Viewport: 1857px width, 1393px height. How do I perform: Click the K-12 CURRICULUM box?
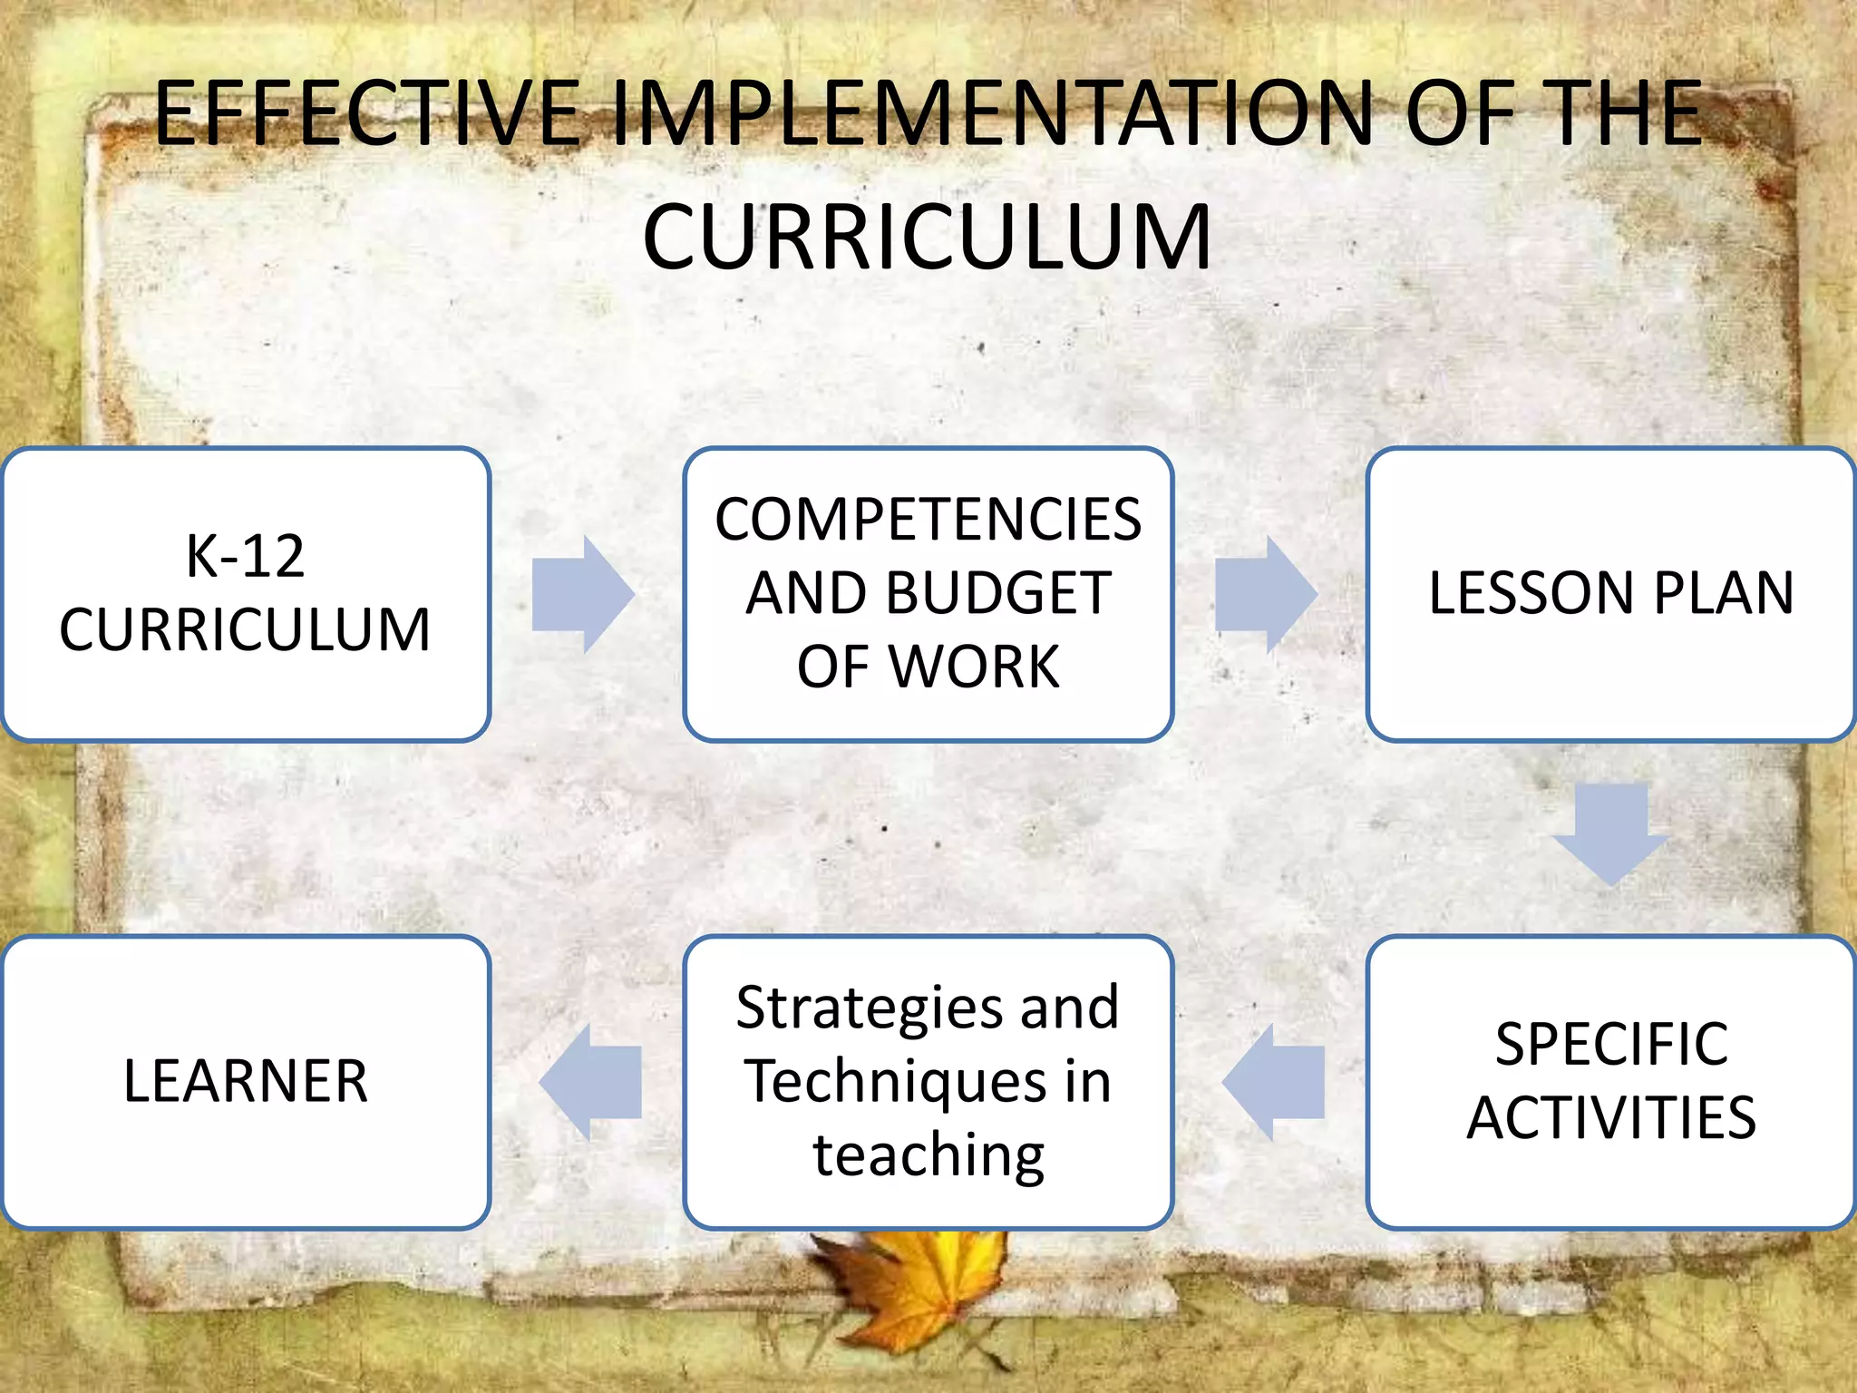(246, 594)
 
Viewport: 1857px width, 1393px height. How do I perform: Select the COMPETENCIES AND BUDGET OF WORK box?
(928, 594)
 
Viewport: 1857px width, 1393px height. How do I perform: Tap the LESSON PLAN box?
(1610, 594)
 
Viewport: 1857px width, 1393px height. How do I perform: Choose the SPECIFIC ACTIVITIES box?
(1610, 1081)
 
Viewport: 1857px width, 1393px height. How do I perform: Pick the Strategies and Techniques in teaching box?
(928, 1081)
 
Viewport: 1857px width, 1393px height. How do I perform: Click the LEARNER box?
(246, 1081)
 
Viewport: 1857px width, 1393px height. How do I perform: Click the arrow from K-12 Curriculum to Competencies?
(582, 594)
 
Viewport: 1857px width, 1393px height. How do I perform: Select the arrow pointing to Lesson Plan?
(1265, 594)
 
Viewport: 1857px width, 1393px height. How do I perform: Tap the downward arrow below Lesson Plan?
(1610, 833)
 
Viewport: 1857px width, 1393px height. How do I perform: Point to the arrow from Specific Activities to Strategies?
(1274, 1081)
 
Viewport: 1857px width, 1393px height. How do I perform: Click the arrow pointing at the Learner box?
(591, 1081)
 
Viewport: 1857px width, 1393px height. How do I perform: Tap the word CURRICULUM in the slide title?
(927, 237)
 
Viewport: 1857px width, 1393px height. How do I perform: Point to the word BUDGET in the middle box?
(997, 593)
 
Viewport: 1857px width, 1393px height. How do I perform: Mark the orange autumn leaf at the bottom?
(907, 1288)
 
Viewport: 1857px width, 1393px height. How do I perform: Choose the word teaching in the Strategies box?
(928, 1155)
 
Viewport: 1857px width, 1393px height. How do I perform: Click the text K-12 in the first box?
(245, 556)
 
